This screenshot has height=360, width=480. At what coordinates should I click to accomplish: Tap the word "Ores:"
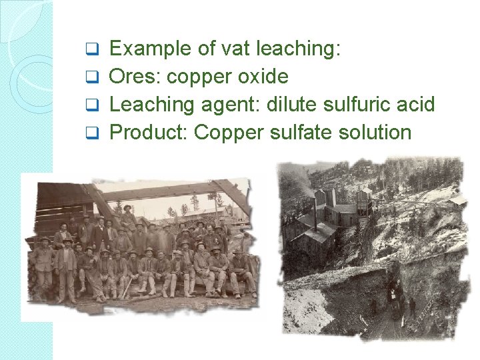[135, 77]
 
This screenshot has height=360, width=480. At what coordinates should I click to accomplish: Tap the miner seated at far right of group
[239, 270]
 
